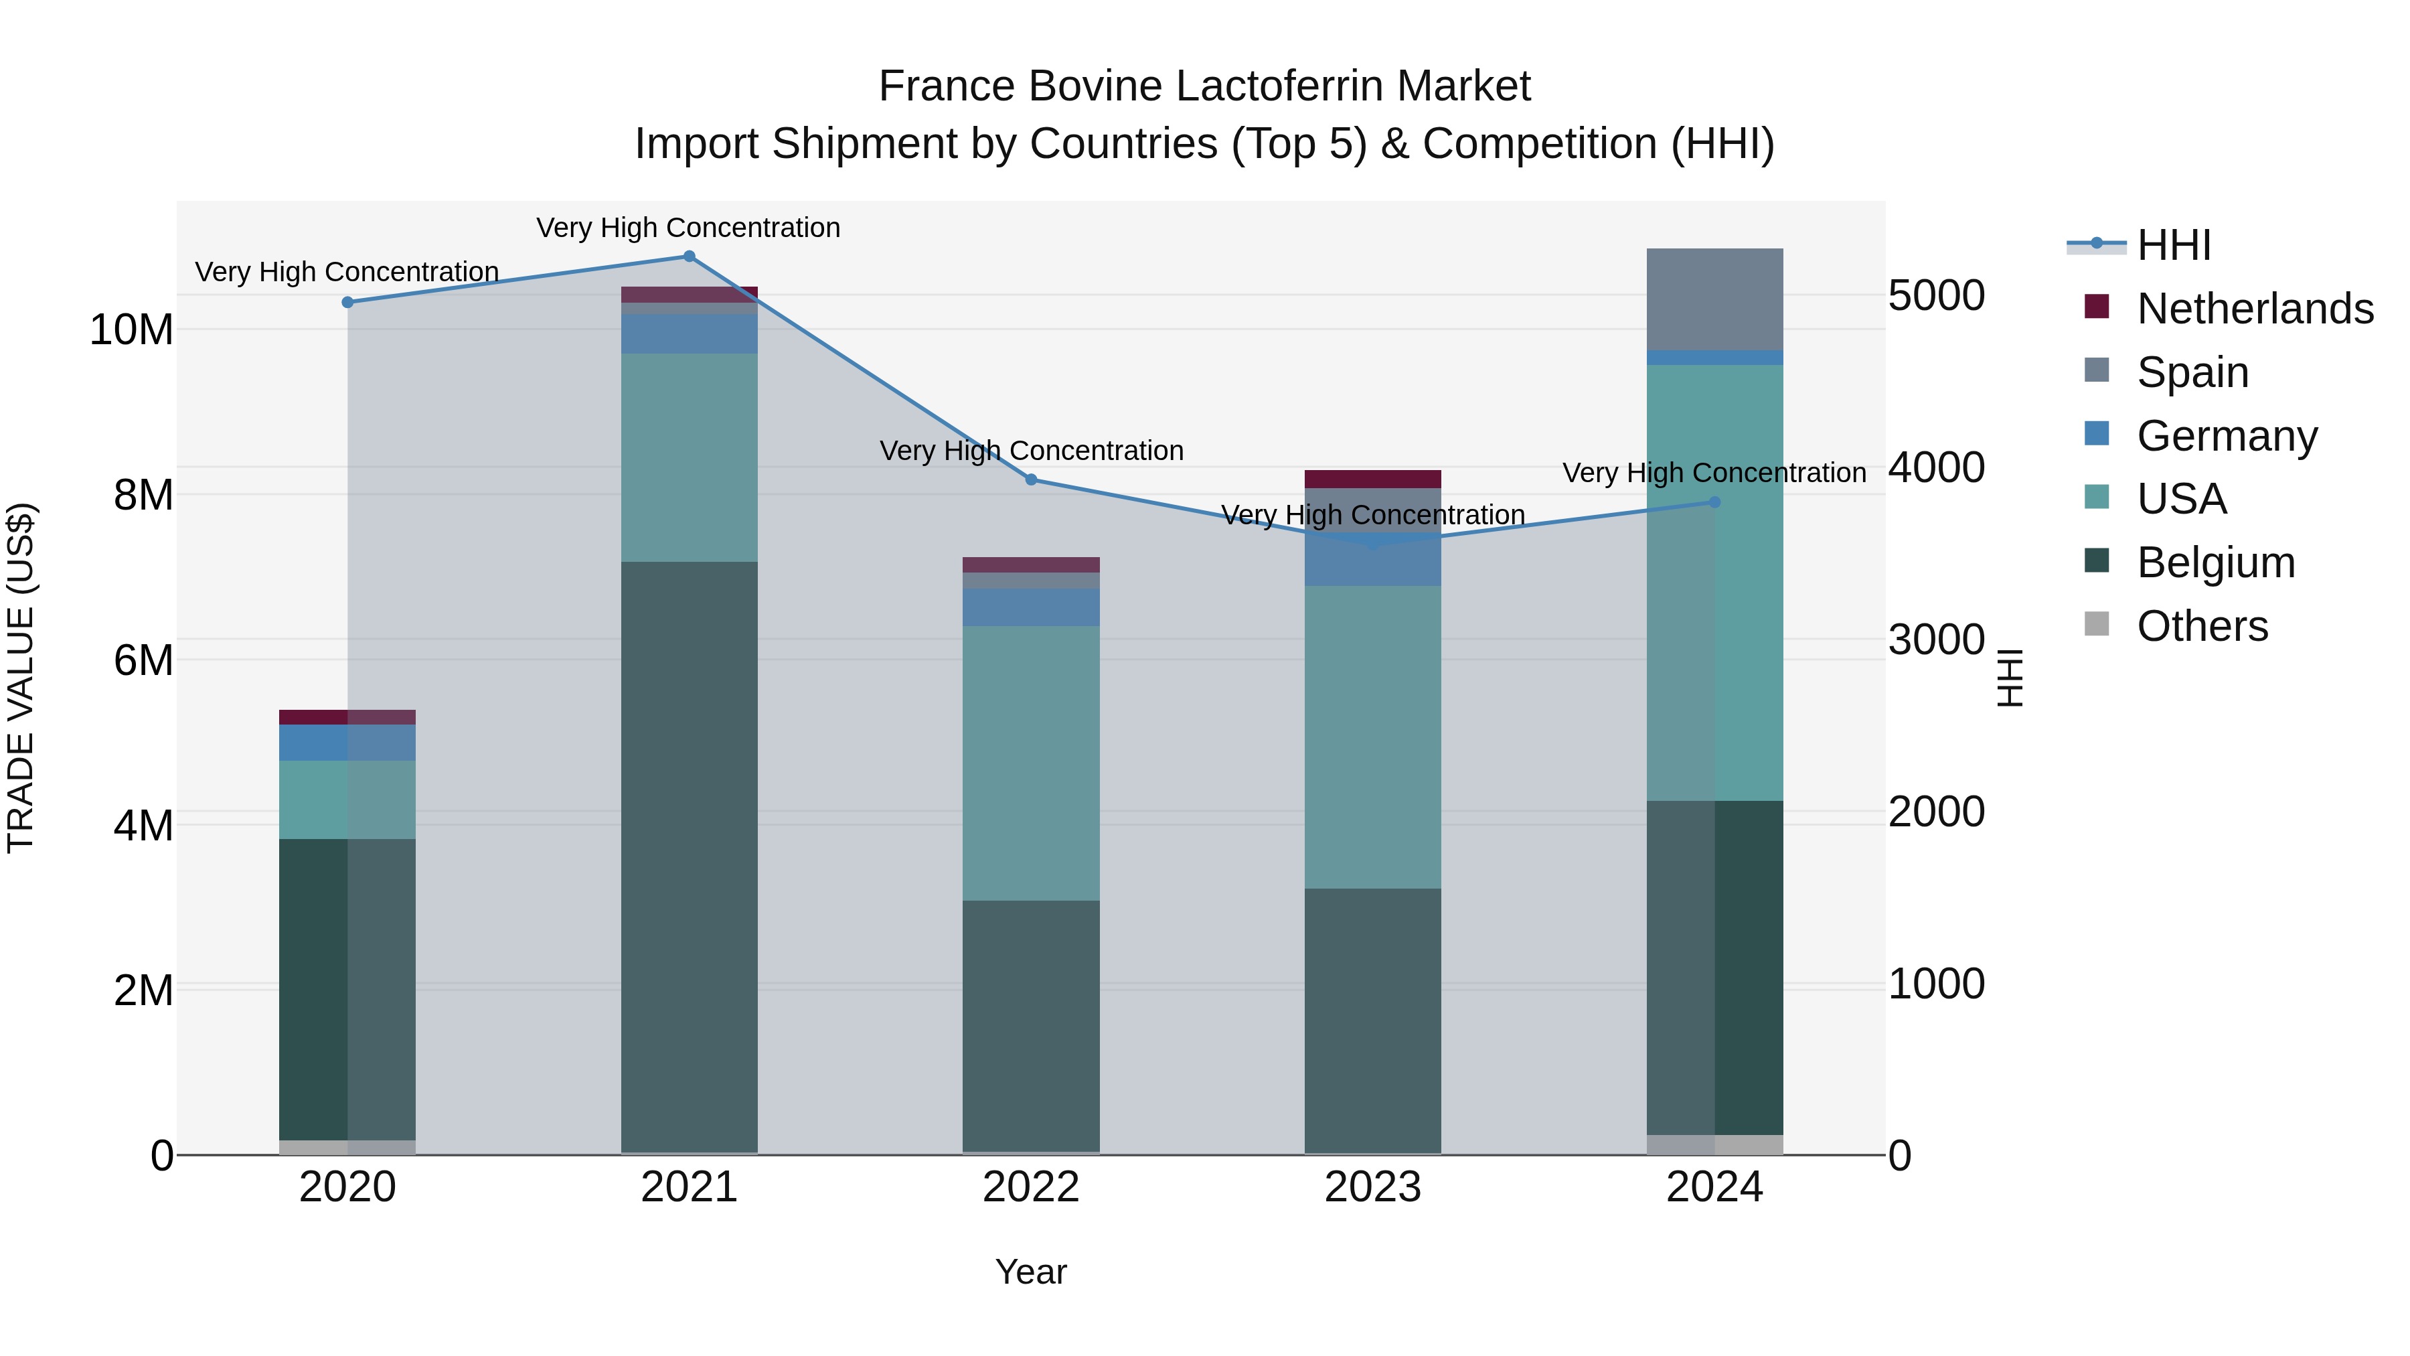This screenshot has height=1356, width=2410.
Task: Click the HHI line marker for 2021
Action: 690,256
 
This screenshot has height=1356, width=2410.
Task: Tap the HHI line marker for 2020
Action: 348,302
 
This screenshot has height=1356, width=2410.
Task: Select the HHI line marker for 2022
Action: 1031,480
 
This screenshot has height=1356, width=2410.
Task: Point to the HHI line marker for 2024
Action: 1715,502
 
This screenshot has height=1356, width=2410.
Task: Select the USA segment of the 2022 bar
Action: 1031,763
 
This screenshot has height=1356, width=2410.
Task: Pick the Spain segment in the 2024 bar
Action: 1715,299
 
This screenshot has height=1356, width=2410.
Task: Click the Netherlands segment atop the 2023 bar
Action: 1372,479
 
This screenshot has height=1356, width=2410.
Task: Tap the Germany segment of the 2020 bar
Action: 348,742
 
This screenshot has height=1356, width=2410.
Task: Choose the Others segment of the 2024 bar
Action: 1715,1144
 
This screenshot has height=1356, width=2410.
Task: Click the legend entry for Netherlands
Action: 2255,309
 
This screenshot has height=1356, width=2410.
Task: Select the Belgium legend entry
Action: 2215,562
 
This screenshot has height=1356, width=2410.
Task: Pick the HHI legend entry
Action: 2173,245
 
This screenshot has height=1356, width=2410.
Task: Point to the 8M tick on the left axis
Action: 143,495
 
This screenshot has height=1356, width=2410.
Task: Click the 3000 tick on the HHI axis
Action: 1935,640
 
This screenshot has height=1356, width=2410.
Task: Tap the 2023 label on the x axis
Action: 1372,1187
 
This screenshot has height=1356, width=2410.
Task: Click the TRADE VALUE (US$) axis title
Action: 21,678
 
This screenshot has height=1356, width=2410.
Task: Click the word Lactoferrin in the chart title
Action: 1273,86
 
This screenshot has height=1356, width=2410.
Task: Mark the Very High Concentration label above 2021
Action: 689,228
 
